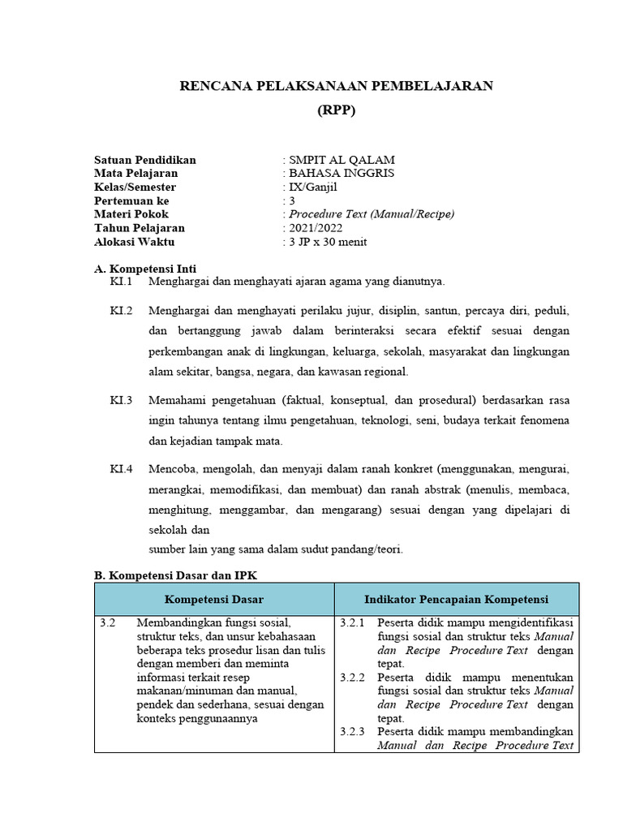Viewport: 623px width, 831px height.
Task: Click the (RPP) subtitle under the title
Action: [x=336, y=112]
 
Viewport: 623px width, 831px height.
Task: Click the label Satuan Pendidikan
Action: [x=145, y=160]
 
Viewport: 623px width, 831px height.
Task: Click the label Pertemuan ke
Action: [x=131, y=200]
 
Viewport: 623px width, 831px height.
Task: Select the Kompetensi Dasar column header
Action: [x=213, y=600]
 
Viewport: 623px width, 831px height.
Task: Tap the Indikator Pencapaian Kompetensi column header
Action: [x=456, y=600]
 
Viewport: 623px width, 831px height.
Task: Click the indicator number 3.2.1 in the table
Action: [x=353, y=623]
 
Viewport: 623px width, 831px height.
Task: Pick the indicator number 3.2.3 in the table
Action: [x=353, y=731]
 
